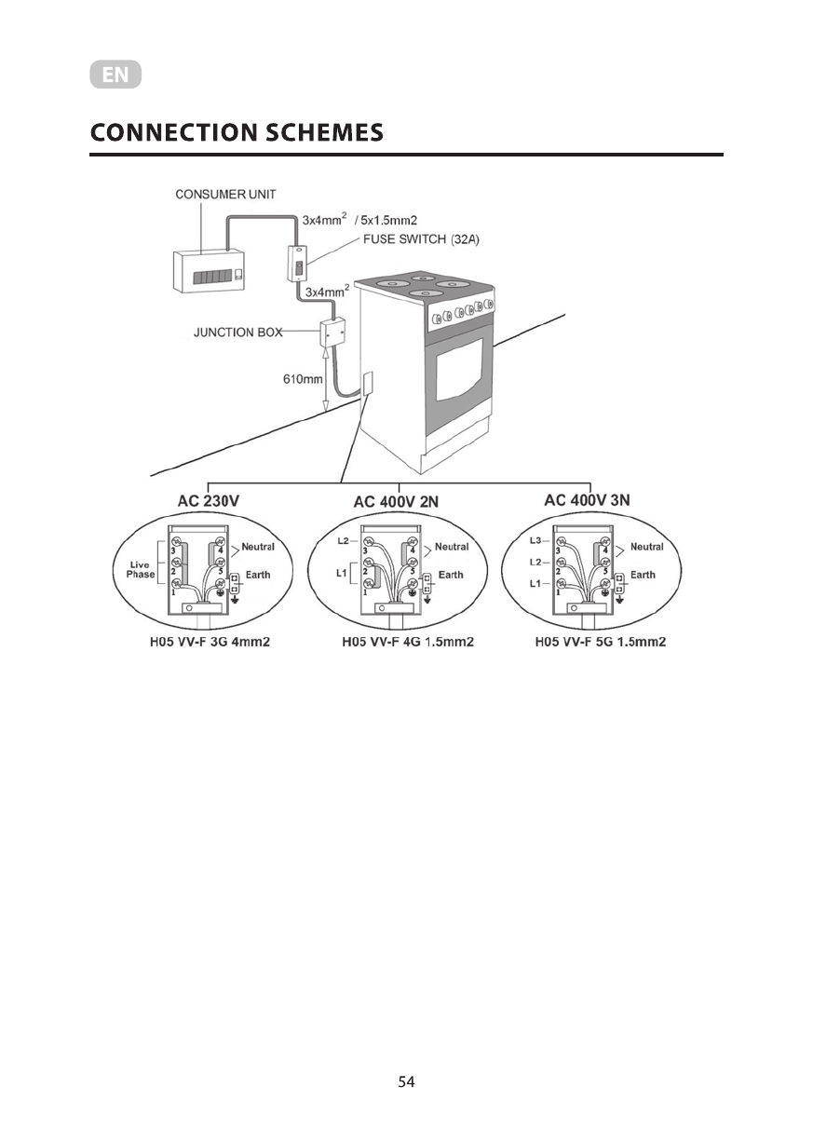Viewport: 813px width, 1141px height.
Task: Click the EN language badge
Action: pos(115,75)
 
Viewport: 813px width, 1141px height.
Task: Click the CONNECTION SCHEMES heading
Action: pos(237,132)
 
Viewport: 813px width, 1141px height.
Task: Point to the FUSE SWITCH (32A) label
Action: pos(419,239)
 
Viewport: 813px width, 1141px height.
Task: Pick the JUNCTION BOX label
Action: pos(237,333)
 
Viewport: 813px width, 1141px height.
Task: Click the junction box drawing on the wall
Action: pos(332,333)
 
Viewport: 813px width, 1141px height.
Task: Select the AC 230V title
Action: pos(209,500)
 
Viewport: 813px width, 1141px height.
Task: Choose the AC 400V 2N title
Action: pos(396,501)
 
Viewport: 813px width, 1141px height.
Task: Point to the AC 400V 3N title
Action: pos(587,500)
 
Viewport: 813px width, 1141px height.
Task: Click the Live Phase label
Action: pos(141,569)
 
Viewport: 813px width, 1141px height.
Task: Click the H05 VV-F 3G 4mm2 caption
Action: pos(212,642)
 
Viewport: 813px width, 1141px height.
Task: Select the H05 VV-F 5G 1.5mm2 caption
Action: pos(601,642)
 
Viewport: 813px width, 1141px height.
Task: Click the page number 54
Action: pos(406,1081)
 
